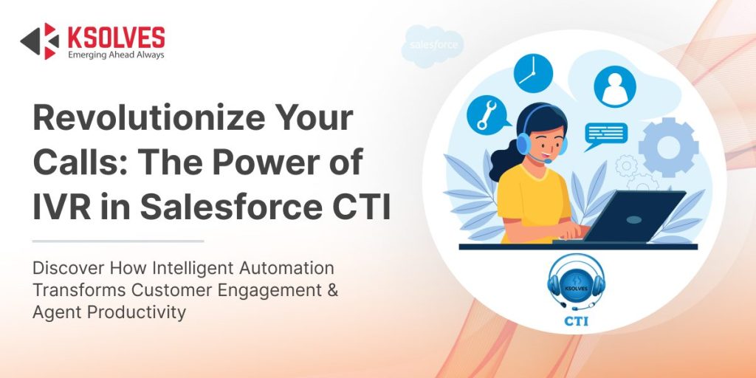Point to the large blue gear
point(668,147)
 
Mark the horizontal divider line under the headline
point(118,241)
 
